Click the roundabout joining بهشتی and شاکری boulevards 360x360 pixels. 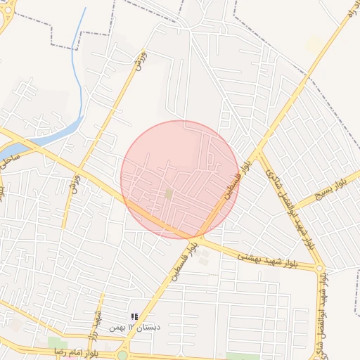coord(320,269)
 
